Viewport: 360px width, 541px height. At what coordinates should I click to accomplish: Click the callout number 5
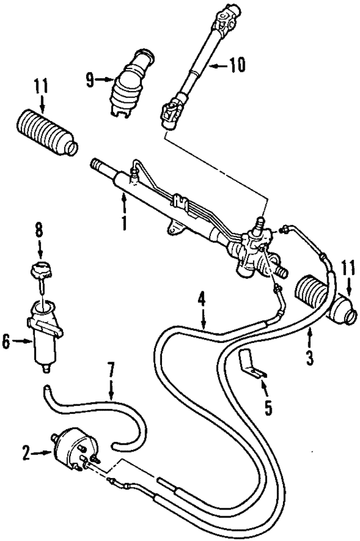(268, 408)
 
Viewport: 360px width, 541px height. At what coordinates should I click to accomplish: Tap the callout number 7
(111, 371)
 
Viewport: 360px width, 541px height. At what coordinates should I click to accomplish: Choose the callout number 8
(38, 231)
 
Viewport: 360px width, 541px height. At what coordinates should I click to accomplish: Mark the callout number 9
(89, 80)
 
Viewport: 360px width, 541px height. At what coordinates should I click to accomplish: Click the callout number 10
(237, 66)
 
